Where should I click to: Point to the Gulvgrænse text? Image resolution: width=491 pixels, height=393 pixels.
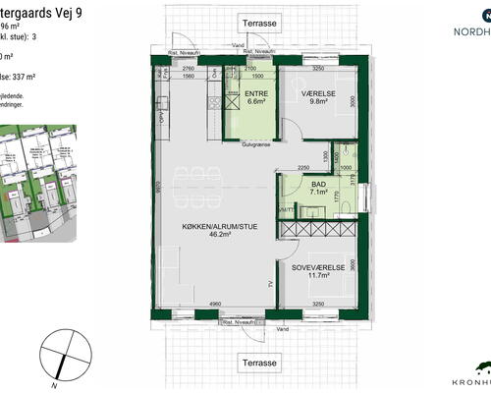coord(257,144)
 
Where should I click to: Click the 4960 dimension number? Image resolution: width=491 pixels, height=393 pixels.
coord(213,305)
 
